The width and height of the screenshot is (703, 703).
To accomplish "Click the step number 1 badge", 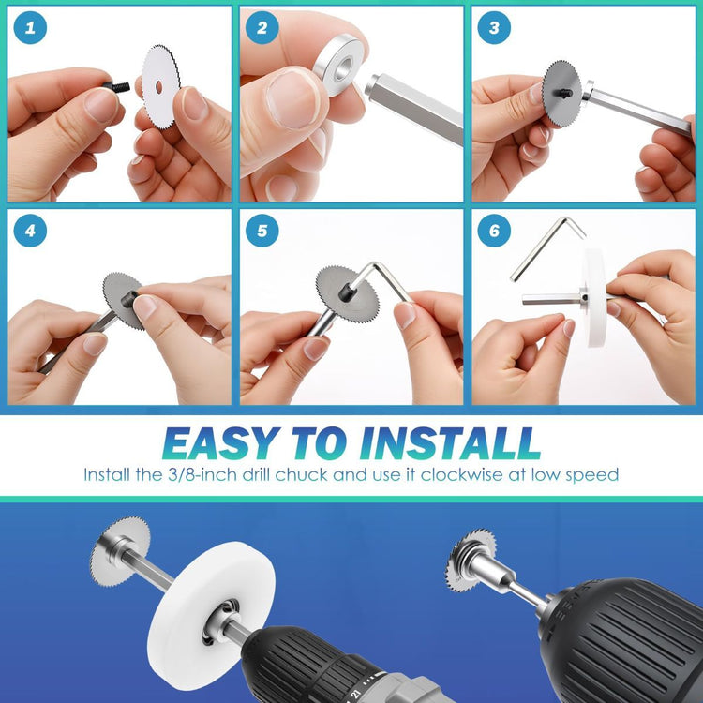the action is [30, 28].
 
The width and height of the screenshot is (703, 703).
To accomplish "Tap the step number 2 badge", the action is [262, 28].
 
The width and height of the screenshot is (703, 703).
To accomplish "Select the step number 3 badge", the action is [494, 28].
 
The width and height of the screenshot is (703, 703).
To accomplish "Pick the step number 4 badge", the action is [30, 231].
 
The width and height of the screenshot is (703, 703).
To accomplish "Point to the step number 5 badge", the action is [262, 231].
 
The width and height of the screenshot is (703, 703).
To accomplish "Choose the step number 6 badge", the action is [494, 231].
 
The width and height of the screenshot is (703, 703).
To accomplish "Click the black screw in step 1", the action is [116, 86].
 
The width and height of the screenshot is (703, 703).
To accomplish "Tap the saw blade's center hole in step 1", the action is [159, 87].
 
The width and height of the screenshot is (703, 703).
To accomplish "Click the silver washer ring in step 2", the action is [337, 65].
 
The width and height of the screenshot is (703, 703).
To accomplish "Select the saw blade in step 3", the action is [561, 93].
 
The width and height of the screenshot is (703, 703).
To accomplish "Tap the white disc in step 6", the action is [594, 298].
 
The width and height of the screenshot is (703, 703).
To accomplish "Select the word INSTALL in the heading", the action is [450, 443].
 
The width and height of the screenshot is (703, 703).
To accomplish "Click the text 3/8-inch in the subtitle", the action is [202, 475].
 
